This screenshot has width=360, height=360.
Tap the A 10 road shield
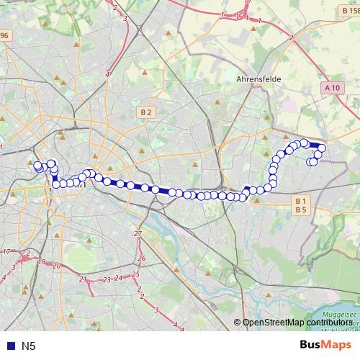331,88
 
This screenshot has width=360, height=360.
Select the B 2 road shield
146,112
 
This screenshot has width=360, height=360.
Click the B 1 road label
301,200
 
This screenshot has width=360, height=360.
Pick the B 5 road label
301,210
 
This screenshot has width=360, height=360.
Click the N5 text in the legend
29,346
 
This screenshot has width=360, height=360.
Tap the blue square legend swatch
9,346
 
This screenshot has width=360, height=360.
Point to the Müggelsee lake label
349,315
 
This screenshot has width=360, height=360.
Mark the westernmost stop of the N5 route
37,166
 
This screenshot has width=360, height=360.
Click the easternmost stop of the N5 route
322,148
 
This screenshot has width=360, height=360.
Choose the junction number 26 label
142,258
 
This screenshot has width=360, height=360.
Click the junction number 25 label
136,274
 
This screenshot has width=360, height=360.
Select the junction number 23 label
107,279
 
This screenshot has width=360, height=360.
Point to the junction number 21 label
83,278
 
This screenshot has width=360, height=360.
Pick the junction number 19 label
42,262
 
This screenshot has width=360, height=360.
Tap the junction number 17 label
6,251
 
